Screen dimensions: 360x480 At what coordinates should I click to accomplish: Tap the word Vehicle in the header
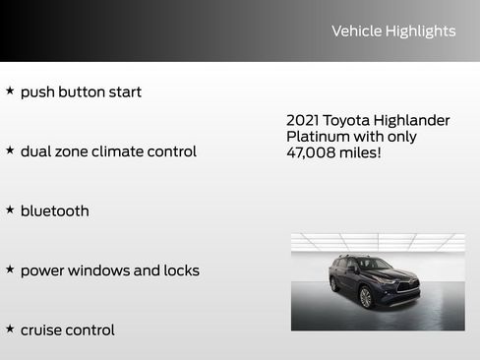(357, 31)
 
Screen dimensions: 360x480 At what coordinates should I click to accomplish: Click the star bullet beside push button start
(10, 90)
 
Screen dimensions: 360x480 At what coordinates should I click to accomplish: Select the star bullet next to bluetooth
(10, 210)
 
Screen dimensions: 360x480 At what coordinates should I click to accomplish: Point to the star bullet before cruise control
(10, 329)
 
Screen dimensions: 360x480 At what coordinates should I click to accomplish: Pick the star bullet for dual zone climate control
(10, 150)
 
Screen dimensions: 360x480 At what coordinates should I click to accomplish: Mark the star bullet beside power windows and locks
(10, 269)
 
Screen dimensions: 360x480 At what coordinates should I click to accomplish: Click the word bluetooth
(54, 210)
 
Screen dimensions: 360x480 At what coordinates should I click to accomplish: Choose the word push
(36, 92)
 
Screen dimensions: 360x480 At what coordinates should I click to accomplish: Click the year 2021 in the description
(304, 120)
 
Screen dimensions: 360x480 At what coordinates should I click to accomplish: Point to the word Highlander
(415, 120)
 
